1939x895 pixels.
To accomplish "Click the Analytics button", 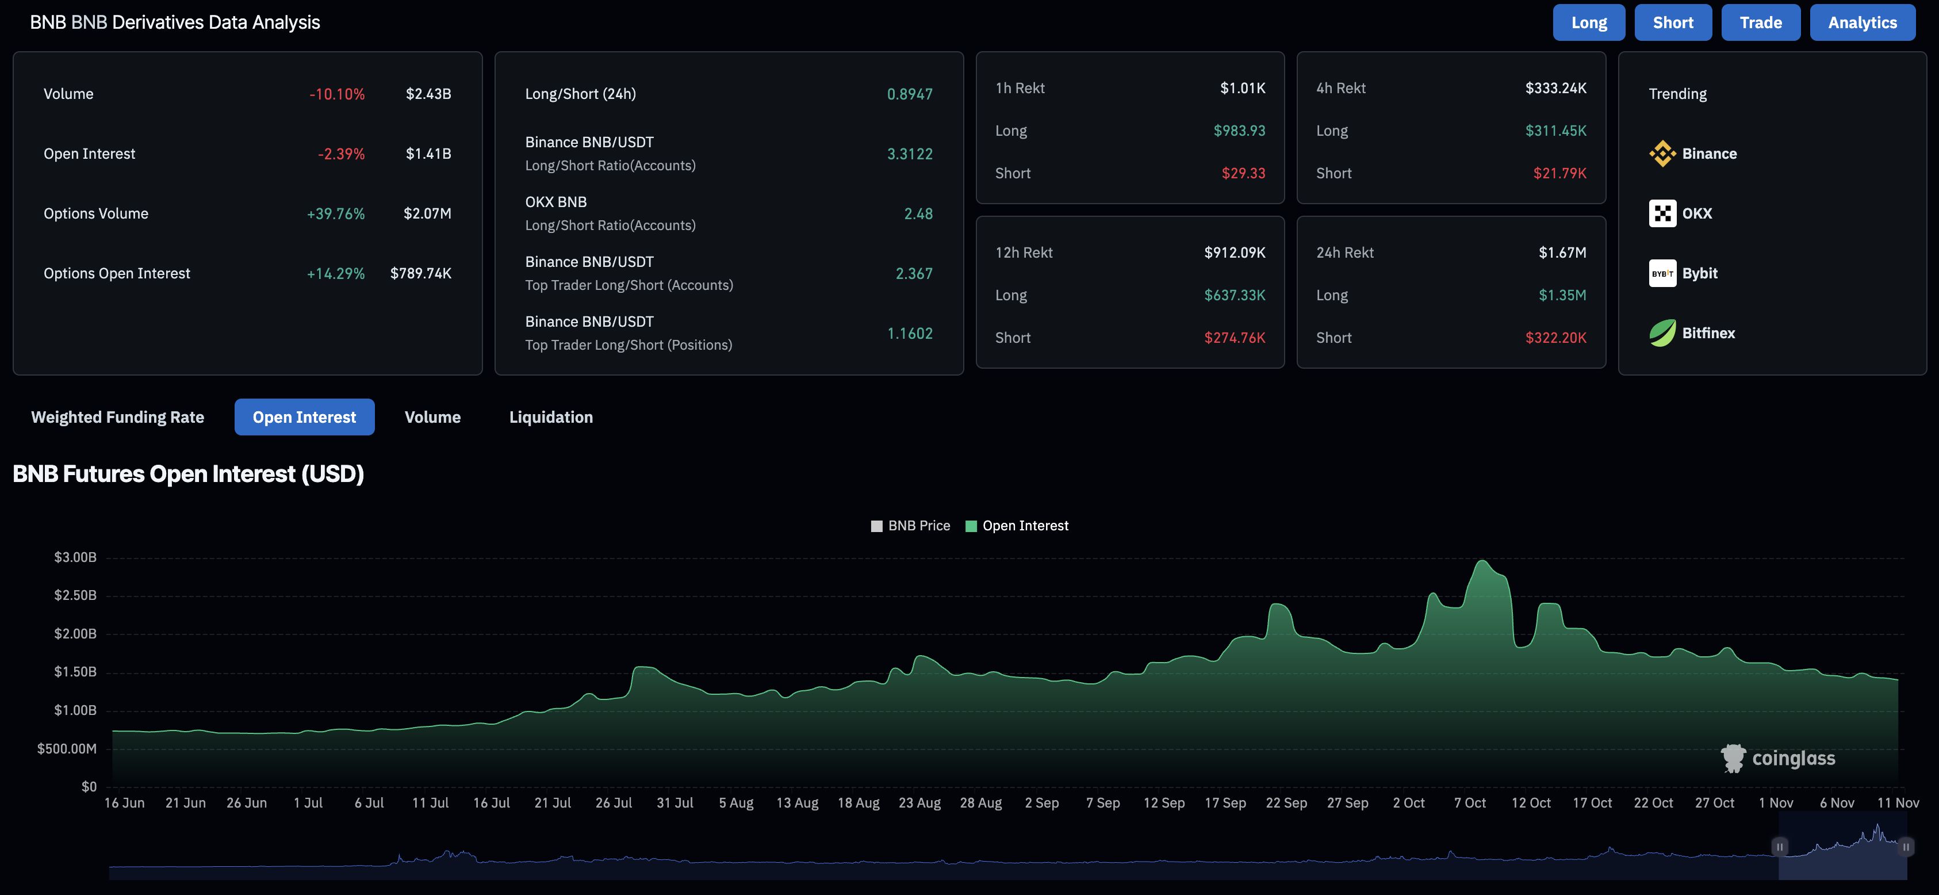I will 1862,22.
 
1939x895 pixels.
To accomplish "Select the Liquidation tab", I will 551,417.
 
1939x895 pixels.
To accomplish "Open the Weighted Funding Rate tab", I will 117,417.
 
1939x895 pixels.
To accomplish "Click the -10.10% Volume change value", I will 336,94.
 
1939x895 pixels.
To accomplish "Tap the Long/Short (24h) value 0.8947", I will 909,94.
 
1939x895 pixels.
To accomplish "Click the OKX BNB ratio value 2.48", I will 918,214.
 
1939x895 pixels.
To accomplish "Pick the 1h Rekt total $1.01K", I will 1242,88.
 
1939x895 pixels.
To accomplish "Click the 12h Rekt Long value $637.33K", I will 1235,295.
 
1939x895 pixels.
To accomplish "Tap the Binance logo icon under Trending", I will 1662,154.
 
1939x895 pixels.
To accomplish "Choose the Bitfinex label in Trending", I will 1708,332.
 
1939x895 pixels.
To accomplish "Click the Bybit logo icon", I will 1662,273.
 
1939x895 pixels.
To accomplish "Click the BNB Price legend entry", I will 910,525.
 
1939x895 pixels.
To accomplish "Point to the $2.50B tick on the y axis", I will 75,595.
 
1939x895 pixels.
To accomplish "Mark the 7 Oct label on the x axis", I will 1469,802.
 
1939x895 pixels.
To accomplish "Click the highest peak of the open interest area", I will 1482,561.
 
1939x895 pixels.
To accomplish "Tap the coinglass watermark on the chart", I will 1778,758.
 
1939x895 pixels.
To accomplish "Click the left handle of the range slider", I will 1779,847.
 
